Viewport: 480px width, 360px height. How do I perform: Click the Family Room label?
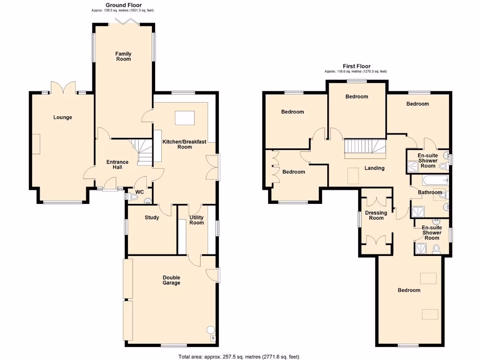[123, 57]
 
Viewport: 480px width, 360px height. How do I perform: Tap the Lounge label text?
[62, 117]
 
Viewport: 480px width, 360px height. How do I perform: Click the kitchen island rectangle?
[187, 118]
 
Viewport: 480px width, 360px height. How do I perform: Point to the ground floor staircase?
[143, 152]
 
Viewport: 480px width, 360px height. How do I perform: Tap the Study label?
[151, 217]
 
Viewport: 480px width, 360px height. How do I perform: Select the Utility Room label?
[196, 220]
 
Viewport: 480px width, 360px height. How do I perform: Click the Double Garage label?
[171, 280]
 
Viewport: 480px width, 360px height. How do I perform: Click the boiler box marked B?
[213, 338]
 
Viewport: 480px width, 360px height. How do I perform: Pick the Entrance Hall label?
[117, 165]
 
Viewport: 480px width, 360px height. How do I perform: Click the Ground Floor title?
[123, 5]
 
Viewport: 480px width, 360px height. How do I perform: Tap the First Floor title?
[355, 67]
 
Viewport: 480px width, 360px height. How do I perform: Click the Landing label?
[374, 168]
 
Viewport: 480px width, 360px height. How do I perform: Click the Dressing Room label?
[376, 215]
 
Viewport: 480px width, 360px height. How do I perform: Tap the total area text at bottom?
[239, 357]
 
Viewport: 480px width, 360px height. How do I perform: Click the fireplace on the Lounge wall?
[36, 143]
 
